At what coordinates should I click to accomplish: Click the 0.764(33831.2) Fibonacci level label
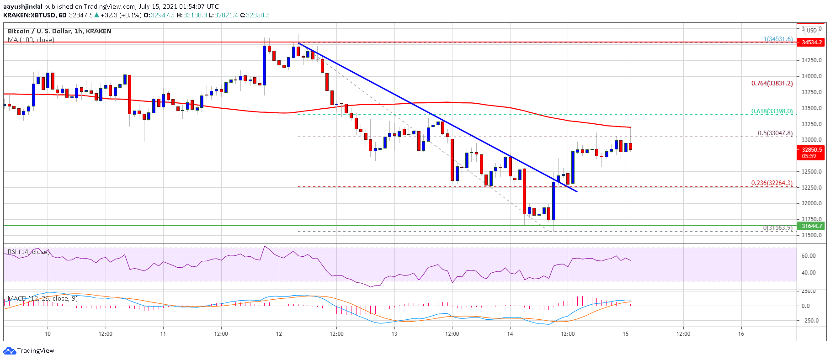(x=772, y=84)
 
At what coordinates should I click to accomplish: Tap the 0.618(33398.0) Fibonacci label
(x=772, y=111)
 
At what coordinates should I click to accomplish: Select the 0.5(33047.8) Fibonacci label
(x=775, y=133)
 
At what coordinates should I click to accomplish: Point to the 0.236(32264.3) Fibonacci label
(x=772, y=183)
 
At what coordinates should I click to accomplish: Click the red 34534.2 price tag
(x=811, y=42)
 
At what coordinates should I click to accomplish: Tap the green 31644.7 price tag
(x=811, y=226)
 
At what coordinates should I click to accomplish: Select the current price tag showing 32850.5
(x=811, y=153)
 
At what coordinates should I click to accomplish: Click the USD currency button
(x=812, y=31)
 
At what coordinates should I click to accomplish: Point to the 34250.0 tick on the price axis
(x=811, y=60)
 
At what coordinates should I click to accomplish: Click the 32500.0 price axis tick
(x=811, y=172)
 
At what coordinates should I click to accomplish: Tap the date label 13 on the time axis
(x=394, y=334)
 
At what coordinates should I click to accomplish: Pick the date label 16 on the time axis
(x=741, y=334)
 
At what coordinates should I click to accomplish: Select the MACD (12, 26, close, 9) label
(x=43, y=299)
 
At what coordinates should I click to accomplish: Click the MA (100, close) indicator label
(x=31, y=40)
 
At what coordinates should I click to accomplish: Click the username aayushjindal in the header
(x=23, y=6)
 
